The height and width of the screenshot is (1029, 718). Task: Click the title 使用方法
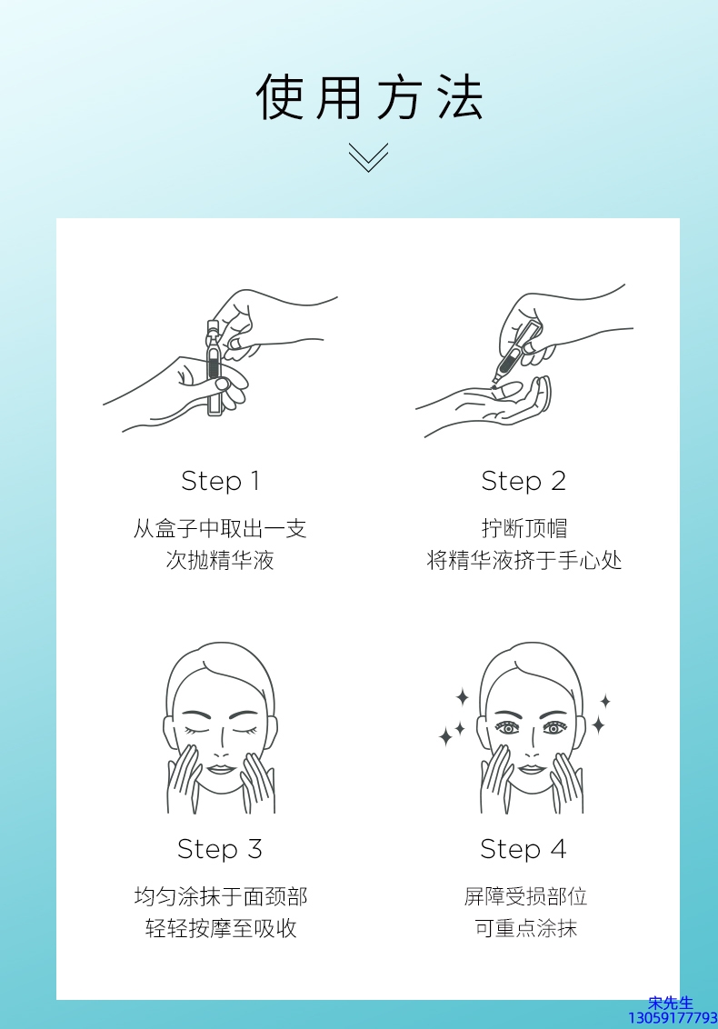click(x=370, y=96)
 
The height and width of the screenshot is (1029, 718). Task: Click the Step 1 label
click(x=221, y=481)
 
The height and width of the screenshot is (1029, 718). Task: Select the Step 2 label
click(x=524, y=481)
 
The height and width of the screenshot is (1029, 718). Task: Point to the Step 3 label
click(x=220, y=849)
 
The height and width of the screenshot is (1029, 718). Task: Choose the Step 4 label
click(x=524, y=849)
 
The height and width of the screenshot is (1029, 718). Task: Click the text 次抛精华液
click(x=220, y=561)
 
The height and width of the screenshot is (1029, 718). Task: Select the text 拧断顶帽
click(x=524, y=528)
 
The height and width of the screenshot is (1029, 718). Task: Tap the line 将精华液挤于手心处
click(x=524, y=561)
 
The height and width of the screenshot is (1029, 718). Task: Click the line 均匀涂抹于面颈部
click(x=221, y=896)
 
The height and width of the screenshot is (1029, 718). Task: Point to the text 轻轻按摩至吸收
click(x=221, y=929)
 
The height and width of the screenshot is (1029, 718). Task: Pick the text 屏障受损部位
click(x=525, y=896)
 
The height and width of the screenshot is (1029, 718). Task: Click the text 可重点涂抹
click(x=525, y=929)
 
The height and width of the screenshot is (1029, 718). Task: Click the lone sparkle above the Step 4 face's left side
click(x=463, y=697)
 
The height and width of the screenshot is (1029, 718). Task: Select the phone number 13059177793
click(x=673, y=1018)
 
